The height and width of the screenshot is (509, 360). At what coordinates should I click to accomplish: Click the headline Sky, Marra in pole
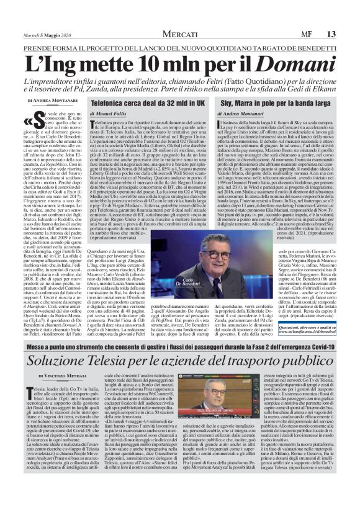click(263, 99)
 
